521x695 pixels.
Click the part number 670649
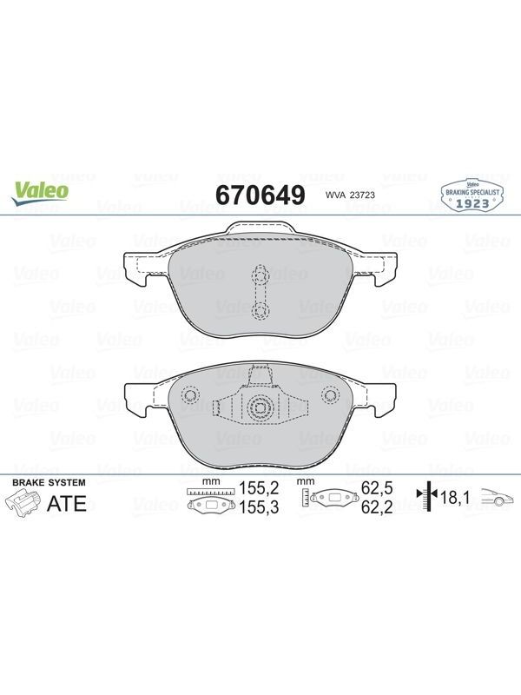coord(260,195)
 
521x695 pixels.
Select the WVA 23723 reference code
coord(344,195)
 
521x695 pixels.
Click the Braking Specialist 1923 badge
coord(472,195)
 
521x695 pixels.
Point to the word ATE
coord(67,504)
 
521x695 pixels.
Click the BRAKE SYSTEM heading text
coord(49,483)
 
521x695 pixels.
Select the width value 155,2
coord(259,488)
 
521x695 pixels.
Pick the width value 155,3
coord(259,507)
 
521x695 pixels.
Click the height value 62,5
coord(377,488)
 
